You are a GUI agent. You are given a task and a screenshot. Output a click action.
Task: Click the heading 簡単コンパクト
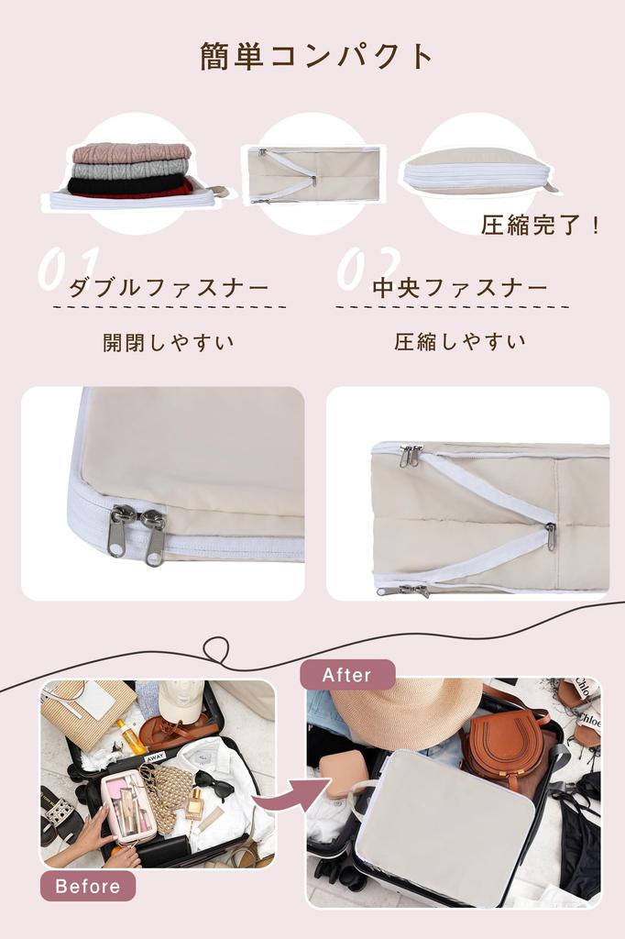(x=316, y=56)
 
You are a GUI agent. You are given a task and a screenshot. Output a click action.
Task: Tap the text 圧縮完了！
(x=540, y=225)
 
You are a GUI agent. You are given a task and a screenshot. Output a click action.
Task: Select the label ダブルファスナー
(x=169, y=288)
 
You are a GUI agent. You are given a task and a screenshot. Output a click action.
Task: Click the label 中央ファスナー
(x=460, y=288)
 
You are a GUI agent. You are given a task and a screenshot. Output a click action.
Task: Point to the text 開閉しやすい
(x=169, y=343)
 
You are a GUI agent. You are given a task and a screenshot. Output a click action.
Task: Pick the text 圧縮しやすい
(x=460, y=342)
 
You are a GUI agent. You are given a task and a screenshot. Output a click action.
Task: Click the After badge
(x=347, y=675)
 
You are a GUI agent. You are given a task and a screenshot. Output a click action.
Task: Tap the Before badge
(x=88, y=886)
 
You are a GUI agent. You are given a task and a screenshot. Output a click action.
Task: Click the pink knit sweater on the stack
(x=132, y=152)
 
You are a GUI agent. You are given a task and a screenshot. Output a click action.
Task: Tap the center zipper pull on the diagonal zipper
(x=550, y=536)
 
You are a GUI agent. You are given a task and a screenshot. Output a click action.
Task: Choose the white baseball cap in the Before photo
(x=180, y=700)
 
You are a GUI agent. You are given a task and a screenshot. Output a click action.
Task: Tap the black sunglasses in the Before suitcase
(x=214, y=784)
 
